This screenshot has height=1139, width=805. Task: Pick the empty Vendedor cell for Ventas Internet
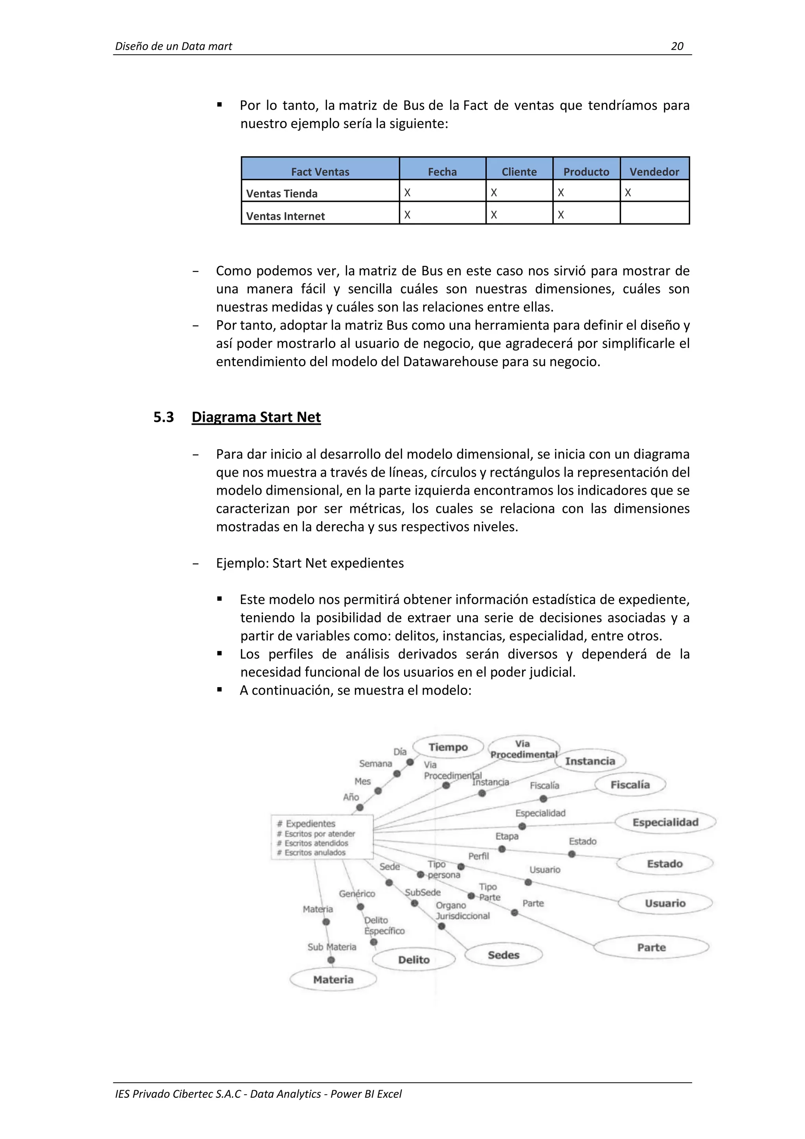[654, 213]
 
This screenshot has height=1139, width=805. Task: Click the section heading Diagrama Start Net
[256, 417]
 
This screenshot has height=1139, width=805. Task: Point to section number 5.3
[164, 417]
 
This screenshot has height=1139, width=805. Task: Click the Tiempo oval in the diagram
[448, 747]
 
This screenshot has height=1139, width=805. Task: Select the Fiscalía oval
[630, 784]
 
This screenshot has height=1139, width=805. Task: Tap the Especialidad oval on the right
[665, 822]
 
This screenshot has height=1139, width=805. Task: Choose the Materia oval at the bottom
[333, 979]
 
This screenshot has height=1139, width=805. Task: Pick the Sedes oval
[503, 955]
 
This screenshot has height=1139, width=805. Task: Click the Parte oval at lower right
[651, 947]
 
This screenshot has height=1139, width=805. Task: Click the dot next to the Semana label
[397, 773]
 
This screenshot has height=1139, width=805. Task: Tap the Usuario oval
[665, 903]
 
